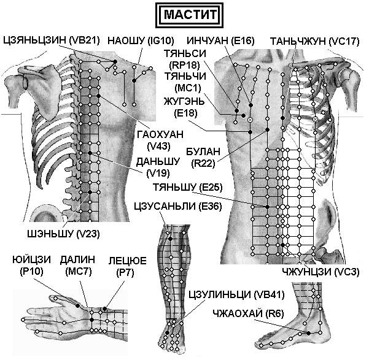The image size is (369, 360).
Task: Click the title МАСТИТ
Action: point(190,15)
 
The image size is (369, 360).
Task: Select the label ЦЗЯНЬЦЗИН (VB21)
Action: point(52,40)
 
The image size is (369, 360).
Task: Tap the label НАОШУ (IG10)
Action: point(141,40)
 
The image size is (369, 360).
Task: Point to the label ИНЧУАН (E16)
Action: point(220,40)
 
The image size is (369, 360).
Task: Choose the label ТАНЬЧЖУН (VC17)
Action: point(314,41)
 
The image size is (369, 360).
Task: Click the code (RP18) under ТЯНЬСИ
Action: point(185,65)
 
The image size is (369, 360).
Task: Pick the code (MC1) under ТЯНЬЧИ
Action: point(188,88)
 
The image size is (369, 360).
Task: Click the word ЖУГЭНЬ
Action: point(184,102)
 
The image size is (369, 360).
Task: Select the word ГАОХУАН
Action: point(160,135)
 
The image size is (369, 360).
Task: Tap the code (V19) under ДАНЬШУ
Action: point(158,173)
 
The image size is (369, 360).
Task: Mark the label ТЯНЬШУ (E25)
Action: point(187,188)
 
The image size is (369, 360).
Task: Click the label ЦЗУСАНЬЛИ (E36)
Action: point(178,206)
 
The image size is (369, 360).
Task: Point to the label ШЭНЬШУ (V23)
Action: point(63,234)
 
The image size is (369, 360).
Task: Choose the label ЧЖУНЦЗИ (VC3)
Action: point(320,272)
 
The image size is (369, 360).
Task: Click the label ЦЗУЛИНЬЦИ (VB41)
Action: point(236,294)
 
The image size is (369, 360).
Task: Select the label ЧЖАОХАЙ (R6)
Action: point(248,313)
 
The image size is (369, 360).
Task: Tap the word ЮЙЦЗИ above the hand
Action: point(31,259)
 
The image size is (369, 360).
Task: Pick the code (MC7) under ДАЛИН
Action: point(79,271)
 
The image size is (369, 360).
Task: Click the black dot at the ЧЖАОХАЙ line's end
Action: point(308,333)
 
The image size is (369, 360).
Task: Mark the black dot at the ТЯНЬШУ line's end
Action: point(267,207)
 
